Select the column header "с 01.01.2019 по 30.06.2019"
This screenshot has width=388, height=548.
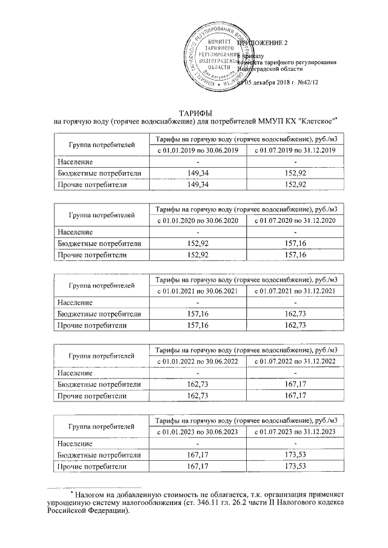199,150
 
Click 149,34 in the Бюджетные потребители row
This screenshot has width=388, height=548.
199,173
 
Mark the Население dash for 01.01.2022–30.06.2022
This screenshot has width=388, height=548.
199,373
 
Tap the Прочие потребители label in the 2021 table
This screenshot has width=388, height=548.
92,325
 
